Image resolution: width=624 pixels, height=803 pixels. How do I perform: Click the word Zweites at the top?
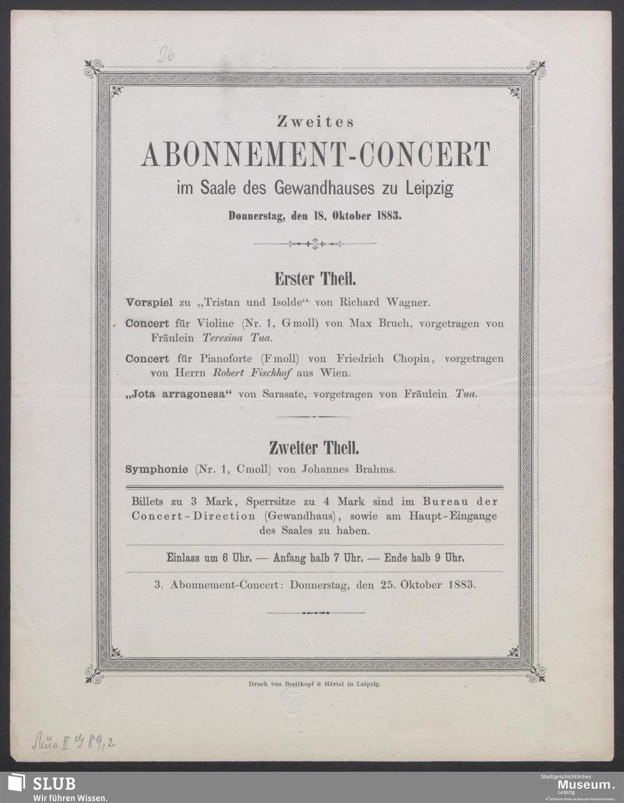(315, 122)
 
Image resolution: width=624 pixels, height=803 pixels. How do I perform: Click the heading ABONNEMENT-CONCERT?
(316, 155)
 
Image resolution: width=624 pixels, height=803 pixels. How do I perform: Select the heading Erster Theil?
(315, 278)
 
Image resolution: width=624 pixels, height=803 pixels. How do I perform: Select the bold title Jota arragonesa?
(179, 394)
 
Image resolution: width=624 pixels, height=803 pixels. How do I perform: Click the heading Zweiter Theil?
(314, 448)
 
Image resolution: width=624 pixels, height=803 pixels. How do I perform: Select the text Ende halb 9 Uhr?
(424, 558)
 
